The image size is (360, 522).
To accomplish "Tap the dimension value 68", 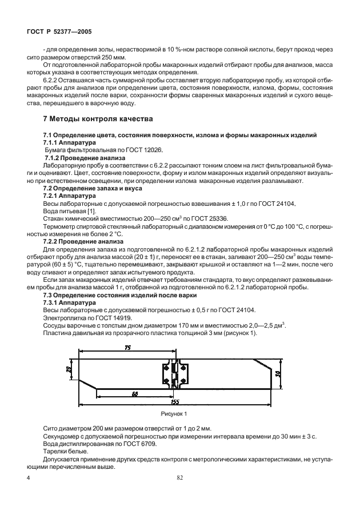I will tap(134, 393).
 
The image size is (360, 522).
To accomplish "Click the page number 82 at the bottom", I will tap(179, 477).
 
